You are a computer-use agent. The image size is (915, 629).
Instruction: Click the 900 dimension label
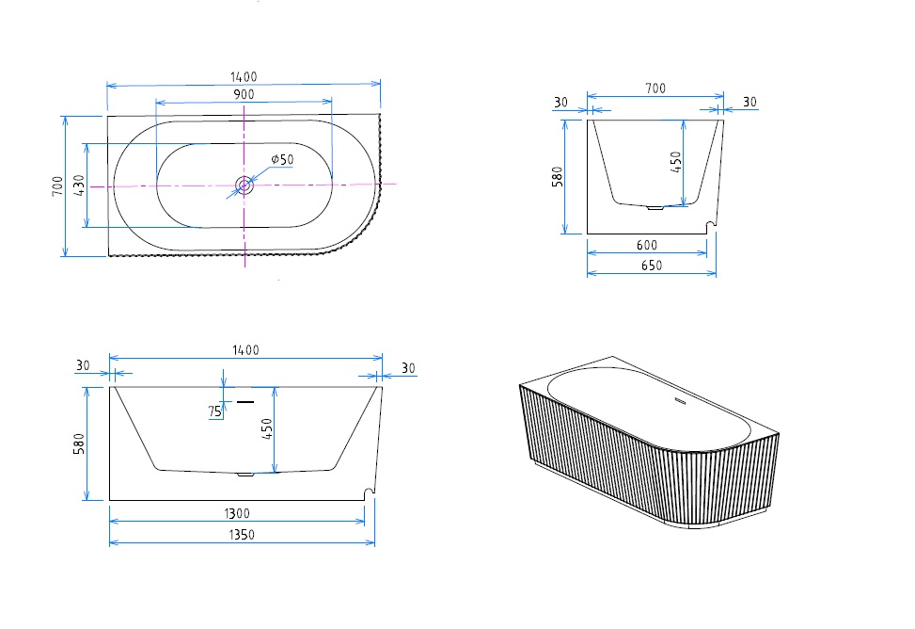coord(244,94)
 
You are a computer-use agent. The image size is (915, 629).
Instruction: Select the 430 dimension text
coord(80,185)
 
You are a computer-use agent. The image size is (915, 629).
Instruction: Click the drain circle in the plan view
coord(245,185)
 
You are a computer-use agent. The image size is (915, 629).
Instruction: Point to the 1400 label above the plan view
coord(244,77)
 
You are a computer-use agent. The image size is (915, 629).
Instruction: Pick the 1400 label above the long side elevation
coord(245,350)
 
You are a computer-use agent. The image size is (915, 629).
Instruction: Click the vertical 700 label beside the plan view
coord(58,185)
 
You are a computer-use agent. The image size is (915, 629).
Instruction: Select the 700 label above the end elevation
coord(655,89)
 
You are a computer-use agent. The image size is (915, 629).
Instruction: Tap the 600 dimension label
coord(647,246)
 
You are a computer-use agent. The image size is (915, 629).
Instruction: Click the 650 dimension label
coord(652,266)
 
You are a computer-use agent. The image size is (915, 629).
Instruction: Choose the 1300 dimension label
coord(237,514)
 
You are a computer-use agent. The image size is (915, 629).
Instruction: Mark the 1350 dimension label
coord(242,534)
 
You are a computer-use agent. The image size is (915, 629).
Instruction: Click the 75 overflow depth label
coord(215,411)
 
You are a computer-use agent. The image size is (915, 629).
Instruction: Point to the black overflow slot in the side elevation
coord(246,402)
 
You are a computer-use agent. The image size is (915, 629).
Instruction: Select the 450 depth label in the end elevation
coord(676,162)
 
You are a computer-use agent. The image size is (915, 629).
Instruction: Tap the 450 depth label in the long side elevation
coord(267,430)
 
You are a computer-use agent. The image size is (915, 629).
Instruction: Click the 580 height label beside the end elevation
coord(557,176)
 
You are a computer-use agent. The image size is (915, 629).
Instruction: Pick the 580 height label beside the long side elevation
coord(80,443)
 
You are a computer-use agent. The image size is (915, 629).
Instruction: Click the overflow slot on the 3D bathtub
coord(680,406)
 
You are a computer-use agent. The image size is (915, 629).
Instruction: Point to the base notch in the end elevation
coord(712,224)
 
